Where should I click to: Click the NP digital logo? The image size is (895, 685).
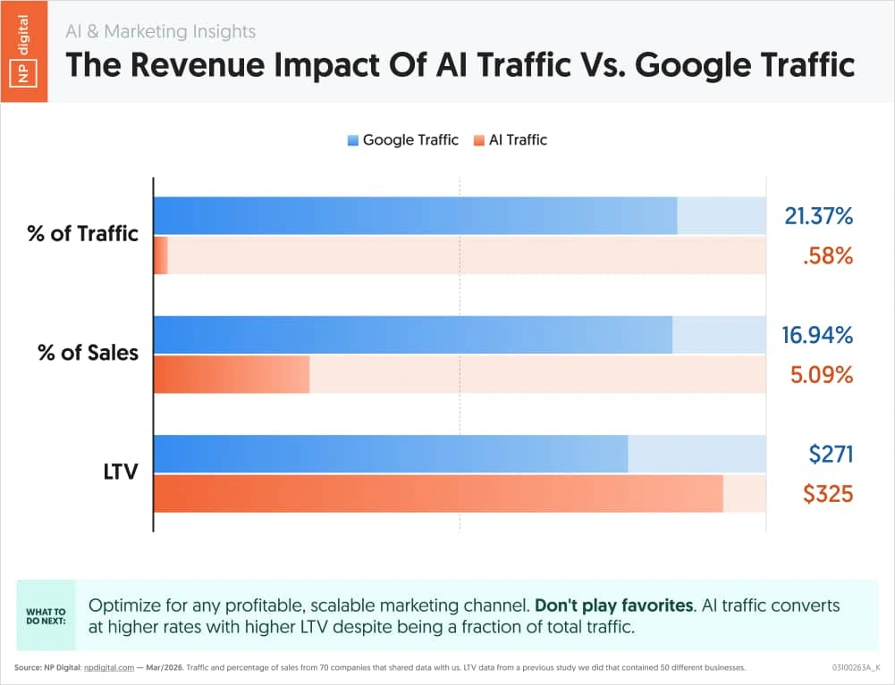pos(24,51)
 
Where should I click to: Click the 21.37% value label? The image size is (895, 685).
pos(818,215)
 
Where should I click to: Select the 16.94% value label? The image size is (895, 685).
pos(817,335)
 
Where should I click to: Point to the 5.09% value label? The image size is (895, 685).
pos(821,375)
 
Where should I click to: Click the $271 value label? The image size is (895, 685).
pos(831,455)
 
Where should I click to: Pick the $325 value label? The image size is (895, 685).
pos(828,494)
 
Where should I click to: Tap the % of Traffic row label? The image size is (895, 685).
pos(82,234)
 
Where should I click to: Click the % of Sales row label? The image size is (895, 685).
pos(88,353)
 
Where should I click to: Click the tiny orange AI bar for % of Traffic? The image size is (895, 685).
pos(161,255)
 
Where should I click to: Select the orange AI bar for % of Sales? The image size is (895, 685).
pos(232,374)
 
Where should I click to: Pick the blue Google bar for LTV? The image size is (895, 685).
pos(391,454)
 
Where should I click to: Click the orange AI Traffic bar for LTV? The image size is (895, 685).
pos(438,494)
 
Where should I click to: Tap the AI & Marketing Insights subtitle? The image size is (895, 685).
pos(160,31)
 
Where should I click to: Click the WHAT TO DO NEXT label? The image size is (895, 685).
pos(46,616)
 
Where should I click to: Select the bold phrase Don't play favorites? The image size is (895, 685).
pos(613,606)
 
